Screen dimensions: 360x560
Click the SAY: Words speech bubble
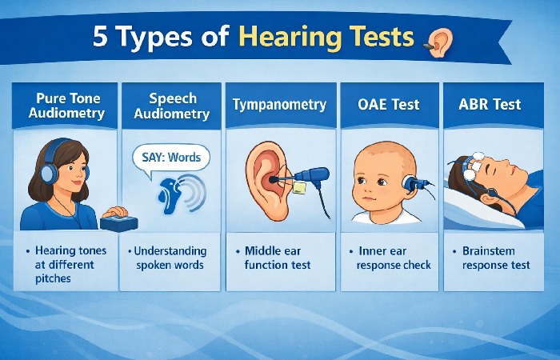click(x=171, y=157)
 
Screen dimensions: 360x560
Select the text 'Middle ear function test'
click(x=278, y=257)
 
